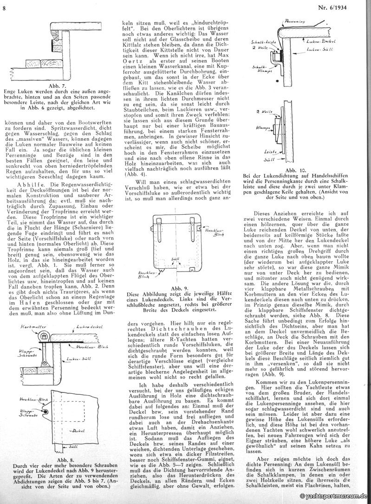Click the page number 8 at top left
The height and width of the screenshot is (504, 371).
tap(4, 5)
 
